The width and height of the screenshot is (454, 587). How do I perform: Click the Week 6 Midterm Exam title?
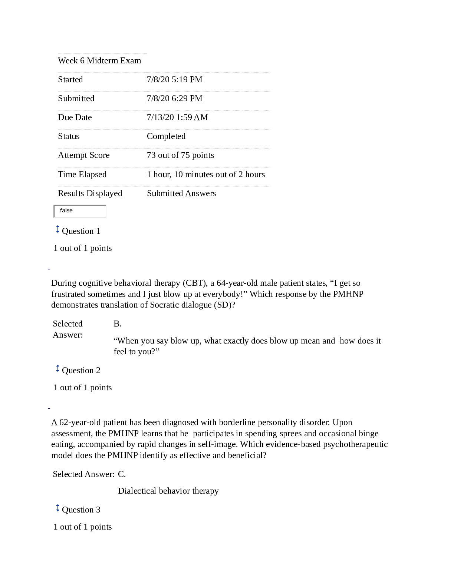pos(99,61)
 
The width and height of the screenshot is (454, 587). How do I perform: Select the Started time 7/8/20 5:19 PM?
pos(174,80)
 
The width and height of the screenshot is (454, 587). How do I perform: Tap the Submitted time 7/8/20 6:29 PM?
pos(174,99)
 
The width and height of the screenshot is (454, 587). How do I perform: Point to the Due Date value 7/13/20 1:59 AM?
pos(177,117)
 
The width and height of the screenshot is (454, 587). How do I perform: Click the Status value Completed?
pos(166,136)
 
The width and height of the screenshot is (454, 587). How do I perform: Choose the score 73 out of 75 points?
pos(180,155)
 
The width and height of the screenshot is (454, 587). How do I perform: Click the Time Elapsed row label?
pos(82,175)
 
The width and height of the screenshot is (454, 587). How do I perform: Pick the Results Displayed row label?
pos(90,193)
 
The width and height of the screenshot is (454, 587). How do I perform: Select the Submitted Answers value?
pos(181,193)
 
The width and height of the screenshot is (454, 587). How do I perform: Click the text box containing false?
pos(80,211)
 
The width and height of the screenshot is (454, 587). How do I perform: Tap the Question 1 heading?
pos(81,231)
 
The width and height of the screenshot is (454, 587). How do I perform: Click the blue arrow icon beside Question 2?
pos(57,369)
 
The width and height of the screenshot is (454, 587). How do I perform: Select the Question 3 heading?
pos(81,510)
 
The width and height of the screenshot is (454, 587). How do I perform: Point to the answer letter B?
pos(117,324)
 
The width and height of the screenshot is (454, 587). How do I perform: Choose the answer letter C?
pos(122,474)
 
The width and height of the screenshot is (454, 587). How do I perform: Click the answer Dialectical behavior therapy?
pos(168,491)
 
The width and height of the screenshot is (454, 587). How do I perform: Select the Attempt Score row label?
pos(83,155)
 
